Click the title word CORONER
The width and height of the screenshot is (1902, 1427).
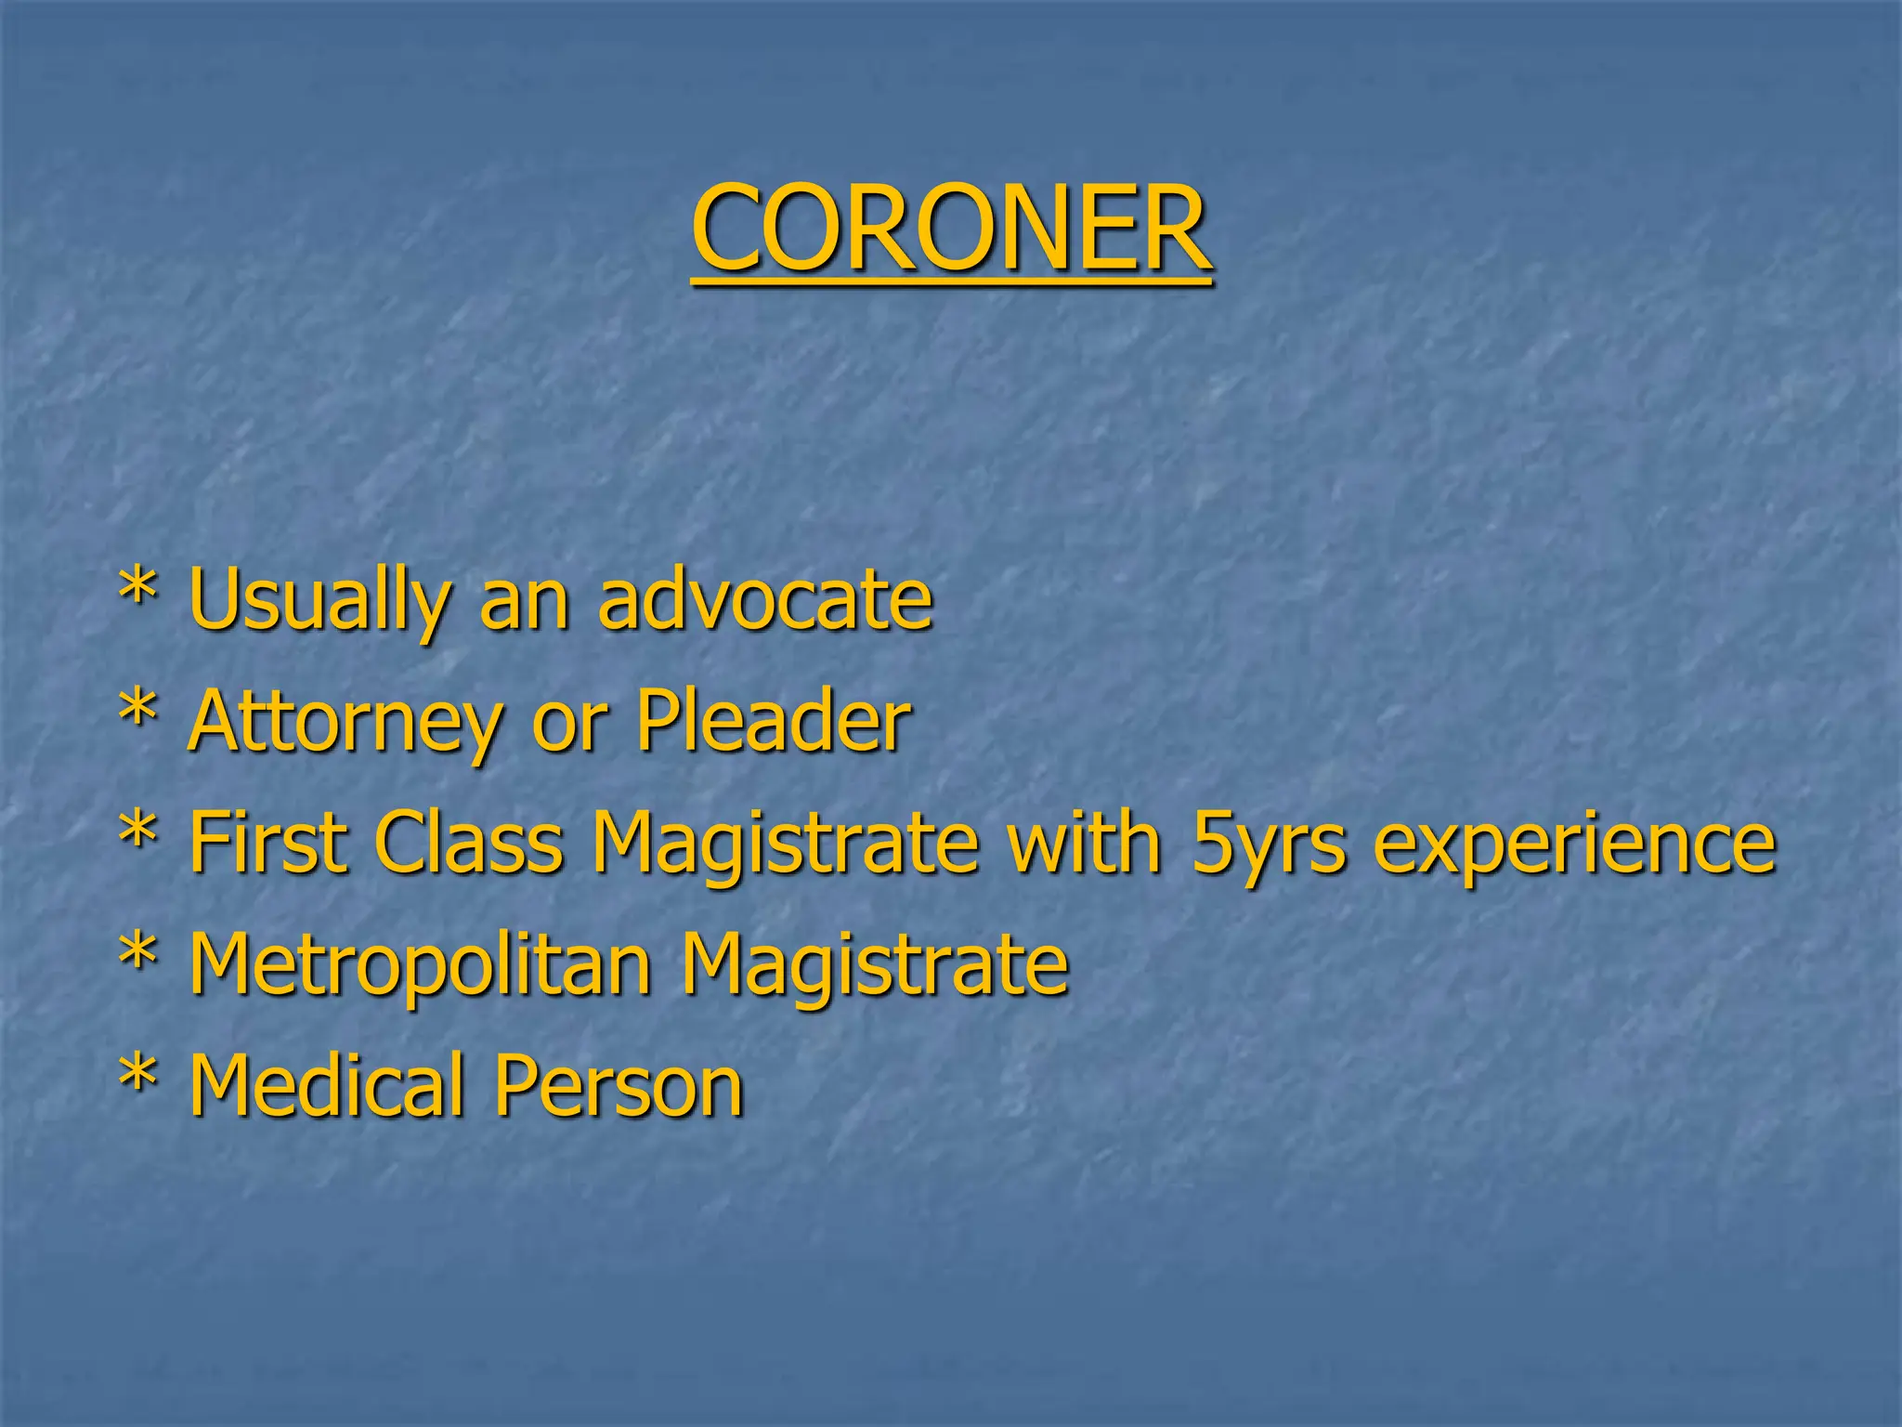pos(951,228)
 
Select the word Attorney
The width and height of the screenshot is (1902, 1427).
pos(345,722)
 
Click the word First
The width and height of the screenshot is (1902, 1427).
pos(268,842)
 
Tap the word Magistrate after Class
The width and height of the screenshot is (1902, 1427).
pos(786,844)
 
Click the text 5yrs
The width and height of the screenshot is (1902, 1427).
pos(1269,844)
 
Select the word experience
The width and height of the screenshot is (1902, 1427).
pos(1575,844)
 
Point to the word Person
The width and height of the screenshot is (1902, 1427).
pos(619,1084)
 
